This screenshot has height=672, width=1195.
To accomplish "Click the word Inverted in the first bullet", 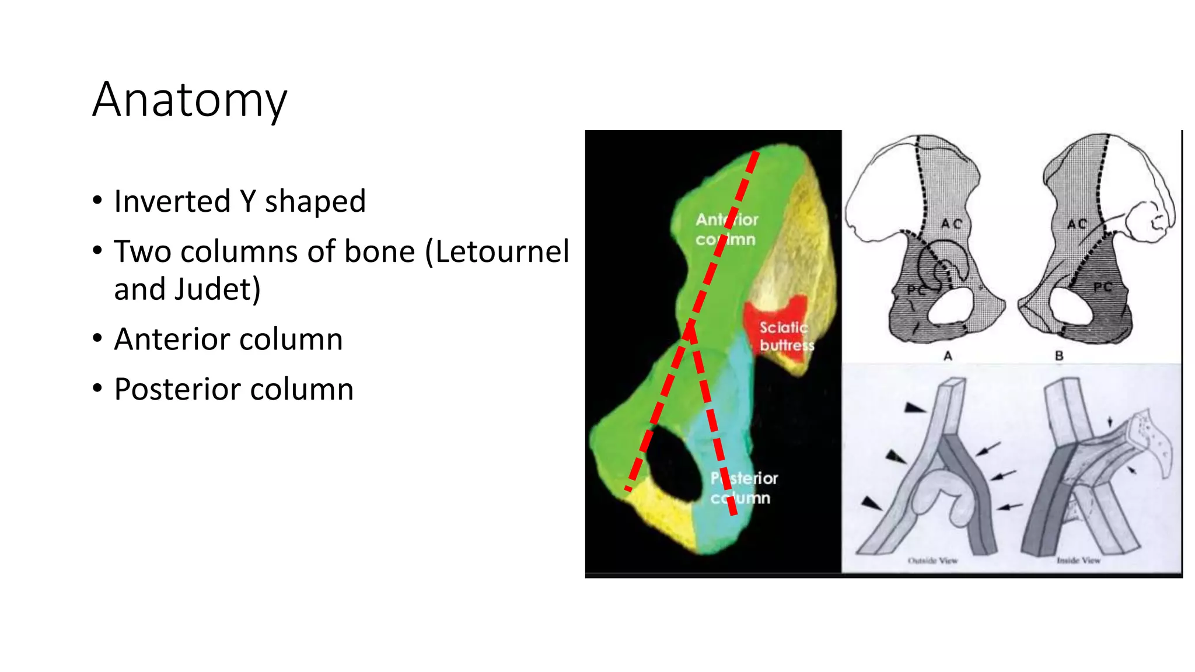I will tap(173, 201).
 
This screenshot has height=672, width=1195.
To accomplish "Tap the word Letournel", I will tap(502, 252).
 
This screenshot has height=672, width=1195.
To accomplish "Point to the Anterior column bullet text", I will tap(228, 339).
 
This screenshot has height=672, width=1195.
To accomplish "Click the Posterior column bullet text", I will tap(233, 390).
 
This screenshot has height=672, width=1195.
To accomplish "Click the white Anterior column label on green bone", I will tap(726, 229).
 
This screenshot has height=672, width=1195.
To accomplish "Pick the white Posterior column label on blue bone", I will tap(743, 488).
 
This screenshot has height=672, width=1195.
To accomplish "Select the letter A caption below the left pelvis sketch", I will tap(948, 355).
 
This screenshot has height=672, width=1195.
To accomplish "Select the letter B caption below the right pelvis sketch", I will tap(1059, 355).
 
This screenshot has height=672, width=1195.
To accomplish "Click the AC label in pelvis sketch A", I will tap(951, 224).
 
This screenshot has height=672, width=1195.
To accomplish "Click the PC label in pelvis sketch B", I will tap(1102, 287).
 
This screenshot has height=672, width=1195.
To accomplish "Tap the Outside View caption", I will tap(932, 561).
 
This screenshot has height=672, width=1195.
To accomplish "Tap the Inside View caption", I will tap(1078, 561).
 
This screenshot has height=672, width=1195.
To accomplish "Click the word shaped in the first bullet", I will tap(315, 201).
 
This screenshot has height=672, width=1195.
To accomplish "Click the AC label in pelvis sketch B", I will tap(1077, 224).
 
